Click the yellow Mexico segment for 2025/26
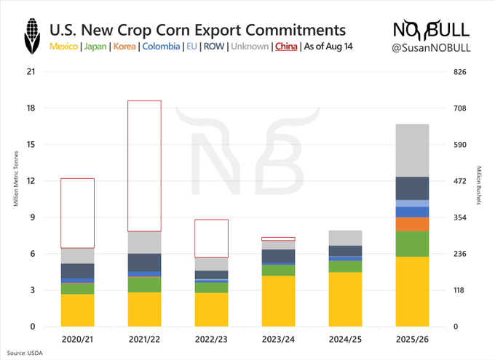(412, 291)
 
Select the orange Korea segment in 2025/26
(412, 224)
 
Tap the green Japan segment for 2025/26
(412, 244)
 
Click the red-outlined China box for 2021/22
(145, 166)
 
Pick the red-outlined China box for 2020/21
(77, 213)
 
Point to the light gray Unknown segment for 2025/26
(412, 151)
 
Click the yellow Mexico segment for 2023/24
(278, 300)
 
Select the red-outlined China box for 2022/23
(211, 238)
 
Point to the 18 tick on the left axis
(30, 108)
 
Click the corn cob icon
(31, 36)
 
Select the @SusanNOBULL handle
(433, 47)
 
